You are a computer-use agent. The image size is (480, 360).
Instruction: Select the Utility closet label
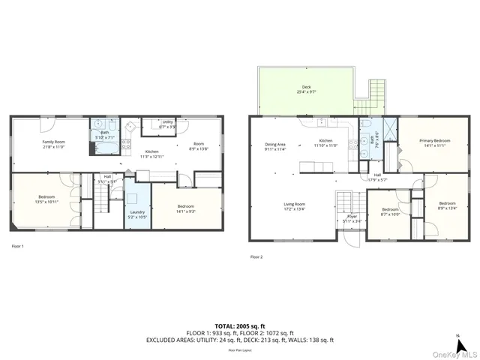pos(167,121)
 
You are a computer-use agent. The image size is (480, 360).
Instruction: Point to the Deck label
pos(306,87)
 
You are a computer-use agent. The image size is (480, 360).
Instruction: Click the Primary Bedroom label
pos(434,140)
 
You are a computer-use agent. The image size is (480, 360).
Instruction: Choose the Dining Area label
pos(275,144)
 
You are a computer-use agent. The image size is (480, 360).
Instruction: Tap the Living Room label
pos(293,204)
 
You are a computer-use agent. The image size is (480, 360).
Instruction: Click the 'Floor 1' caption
pos(17,246)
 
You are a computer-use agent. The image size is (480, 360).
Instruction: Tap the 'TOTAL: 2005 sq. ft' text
pos(239,325)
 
